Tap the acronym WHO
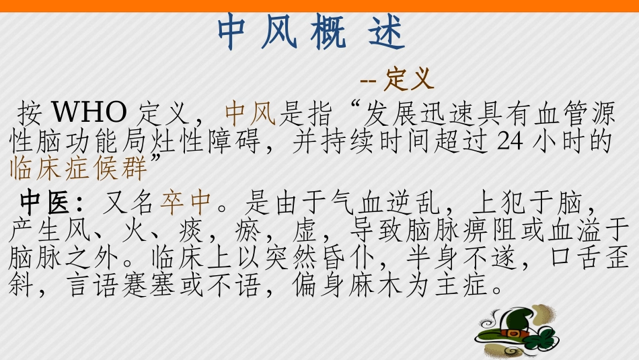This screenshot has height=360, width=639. [x=89, y=112]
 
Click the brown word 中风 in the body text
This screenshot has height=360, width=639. [x=250, y=112]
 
